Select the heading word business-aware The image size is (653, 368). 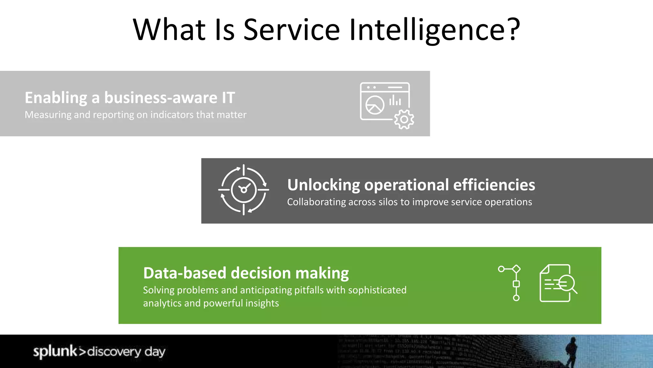161,98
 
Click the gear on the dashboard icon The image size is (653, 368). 404,119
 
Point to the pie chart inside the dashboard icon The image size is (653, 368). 375,105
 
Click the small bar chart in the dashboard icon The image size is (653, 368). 395,101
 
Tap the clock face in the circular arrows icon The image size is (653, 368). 244,190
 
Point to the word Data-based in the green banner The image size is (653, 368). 185,273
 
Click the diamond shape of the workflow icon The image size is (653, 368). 516,269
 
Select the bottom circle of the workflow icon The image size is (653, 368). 516,298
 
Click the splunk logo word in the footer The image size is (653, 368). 55,351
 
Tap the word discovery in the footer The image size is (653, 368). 114,352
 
